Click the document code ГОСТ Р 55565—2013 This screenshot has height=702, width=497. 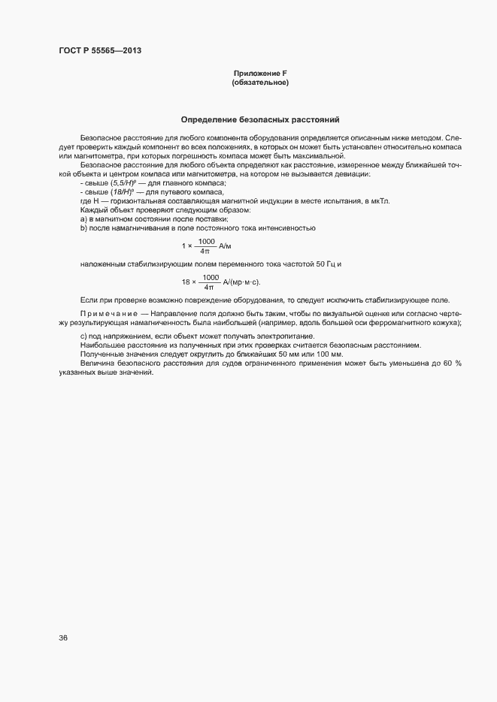(99, 51)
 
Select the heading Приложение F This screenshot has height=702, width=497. (260, 73)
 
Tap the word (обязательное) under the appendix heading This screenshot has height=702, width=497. (260, 82)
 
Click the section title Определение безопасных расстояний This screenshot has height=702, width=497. (260, 119)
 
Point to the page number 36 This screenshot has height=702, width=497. (63, 638)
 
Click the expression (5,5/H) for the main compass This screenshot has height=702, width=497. (123, 183)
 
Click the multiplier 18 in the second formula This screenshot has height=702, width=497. (185, 282)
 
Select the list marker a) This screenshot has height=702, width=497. (83, 218)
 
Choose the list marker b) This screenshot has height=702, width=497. (83, 227)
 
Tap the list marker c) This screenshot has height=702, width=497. (83, 336)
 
